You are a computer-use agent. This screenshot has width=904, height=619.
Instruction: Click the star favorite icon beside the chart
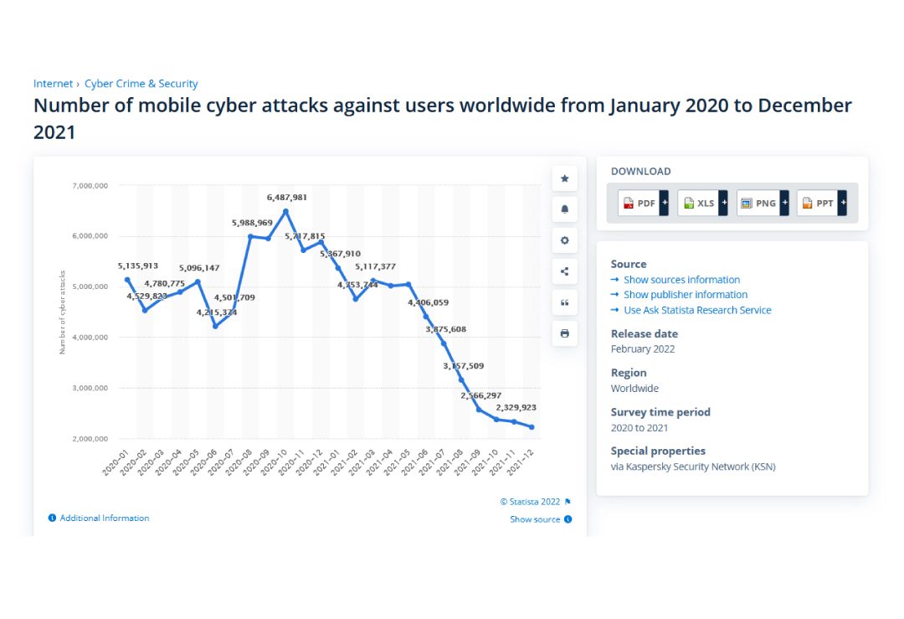(564, 178)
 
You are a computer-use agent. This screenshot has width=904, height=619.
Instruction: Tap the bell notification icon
(564, 209)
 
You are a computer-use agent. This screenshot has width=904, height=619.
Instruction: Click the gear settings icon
(564, 240)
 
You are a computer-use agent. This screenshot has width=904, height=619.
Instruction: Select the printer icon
(564, 333)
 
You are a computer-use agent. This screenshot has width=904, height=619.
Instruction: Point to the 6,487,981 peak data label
(286, 198)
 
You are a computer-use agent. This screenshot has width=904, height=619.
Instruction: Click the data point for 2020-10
(286, 211)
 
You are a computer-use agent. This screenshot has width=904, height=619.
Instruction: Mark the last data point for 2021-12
(532, 427)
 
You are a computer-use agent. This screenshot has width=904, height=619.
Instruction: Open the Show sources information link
(681, 280)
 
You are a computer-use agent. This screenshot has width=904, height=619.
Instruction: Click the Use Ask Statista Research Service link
(697, 310)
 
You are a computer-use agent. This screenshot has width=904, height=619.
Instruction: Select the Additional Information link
(104, 518)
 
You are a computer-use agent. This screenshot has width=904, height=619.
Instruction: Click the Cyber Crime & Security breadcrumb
(141, 84)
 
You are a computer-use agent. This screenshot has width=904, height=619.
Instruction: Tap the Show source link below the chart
(535, 519)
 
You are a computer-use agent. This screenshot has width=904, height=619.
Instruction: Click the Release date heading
(644, 333)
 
